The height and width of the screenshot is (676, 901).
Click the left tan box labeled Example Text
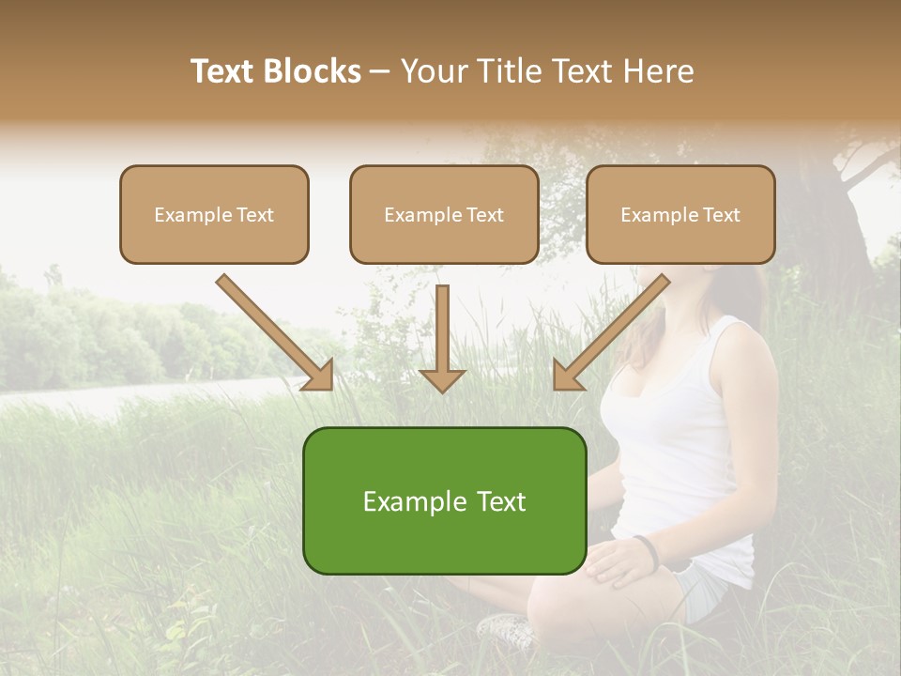click(214, 214)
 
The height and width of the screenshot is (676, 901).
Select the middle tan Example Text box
click(444, 214)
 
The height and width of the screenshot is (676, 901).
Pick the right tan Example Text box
click(680, 214)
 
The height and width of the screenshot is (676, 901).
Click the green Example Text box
click(444, 500)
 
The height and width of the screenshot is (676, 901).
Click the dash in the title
click(380, 71)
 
